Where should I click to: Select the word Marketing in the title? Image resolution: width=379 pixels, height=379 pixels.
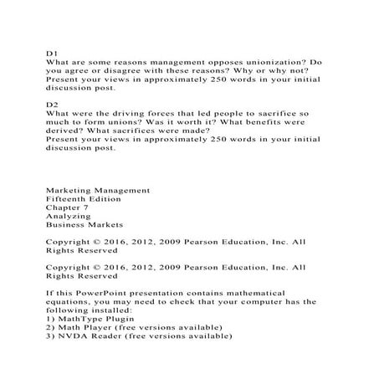coord(70,191)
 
